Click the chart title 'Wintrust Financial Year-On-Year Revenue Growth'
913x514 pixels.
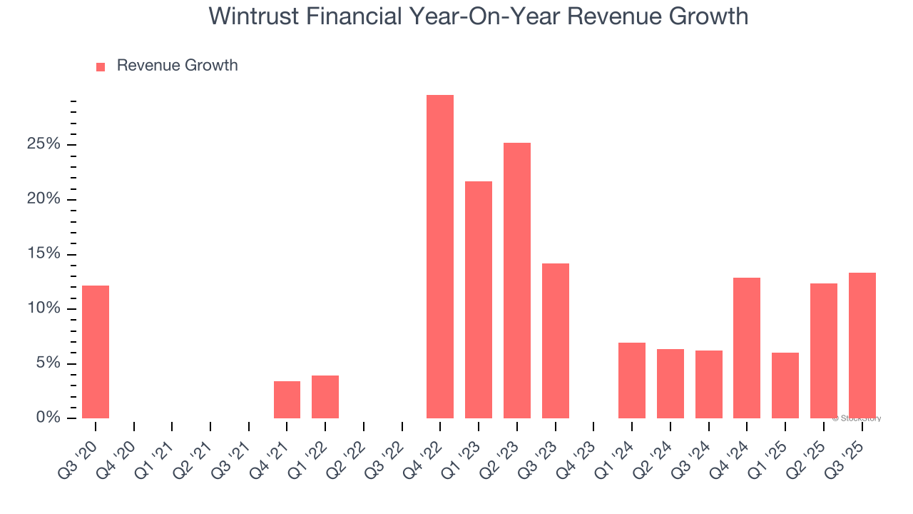click(478, 16)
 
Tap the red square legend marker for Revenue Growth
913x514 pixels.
click(101, 66)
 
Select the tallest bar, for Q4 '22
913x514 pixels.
click(440, 256)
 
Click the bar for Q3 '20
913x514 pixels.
click(96, 351)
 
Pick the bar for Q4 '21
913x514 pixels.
click(287, 399)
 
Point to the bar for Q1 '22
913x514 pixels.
click(325, 396)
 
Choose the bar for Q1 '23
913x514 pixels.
click(479, 299)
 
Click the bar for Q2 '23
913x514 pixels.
click(517, 280)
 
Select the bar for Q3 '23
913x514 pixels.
click(556, 341)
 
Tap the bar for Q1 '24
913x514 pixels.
click(632, 380)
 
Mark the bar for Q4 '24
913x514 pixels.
click(747, 348)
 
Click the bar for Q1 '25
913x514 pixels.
click(785, 385)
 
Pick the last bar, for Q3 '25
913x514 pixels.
click(862, 345)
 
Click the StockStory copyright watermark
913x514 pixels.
click(856, 418)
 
